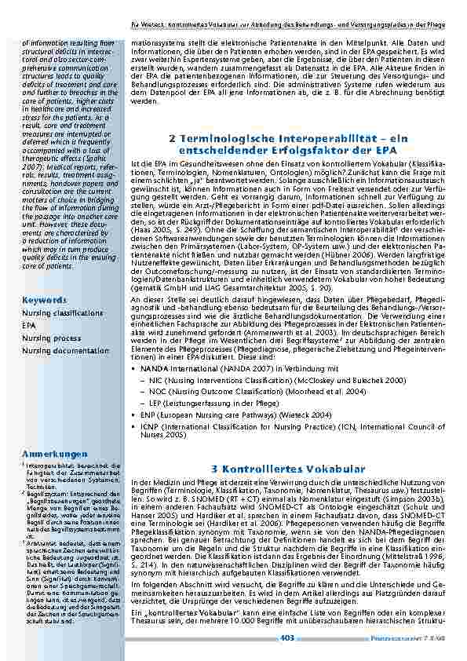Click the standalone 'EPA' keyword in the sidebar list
pyautogui.click(x=28, y=325)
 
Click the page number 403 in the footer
pyautogui.click(x=286, y=638)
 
